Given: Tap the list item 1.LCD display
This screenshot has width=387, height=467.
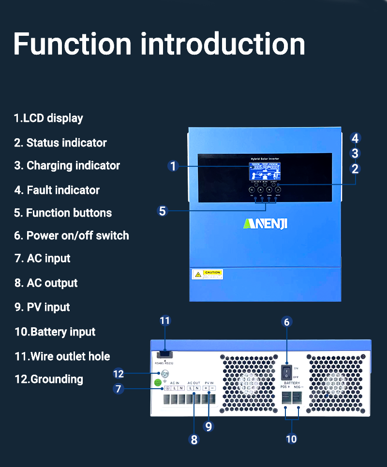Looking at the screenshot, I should click(48, 118).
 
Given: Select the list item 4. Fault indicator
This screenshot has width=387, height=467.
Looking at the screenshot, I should click(57, 190).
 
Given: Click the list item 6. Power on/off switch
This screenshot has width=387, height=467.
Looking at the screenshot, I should click(72, 236).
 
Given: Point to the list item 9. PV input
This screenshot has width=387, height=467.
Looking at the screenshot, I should click(42, 307).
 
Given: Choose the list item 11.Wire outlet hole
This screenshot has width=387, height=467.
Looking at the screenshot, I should click(62, 357).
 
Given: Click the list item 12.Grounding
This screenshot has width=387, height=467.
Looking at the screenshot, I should click(49, 379).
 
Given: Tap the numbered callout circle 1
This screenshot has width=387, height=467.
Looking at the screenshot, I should click(174, 166).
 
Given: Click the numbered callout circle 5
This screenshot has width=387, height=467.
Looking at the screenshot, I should click(163, 211).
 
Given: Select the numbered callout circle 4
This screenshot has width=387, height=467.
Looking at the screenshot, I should click(355, 138).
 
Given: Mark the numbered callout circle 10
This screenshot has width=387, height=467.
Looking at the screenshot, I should click(291, 438).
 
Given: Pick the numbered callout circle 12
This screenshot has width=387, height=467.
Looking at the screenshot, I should click(119, 373).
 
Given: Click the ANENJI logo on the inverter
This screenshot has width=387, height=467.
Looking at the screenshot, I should click(265, 223).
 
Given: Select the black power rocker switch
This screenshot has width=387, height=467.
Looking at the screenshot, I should click(287, 372).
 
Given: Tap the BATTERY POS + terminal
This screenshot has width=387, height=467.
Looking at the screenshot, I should click(285, 397).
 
